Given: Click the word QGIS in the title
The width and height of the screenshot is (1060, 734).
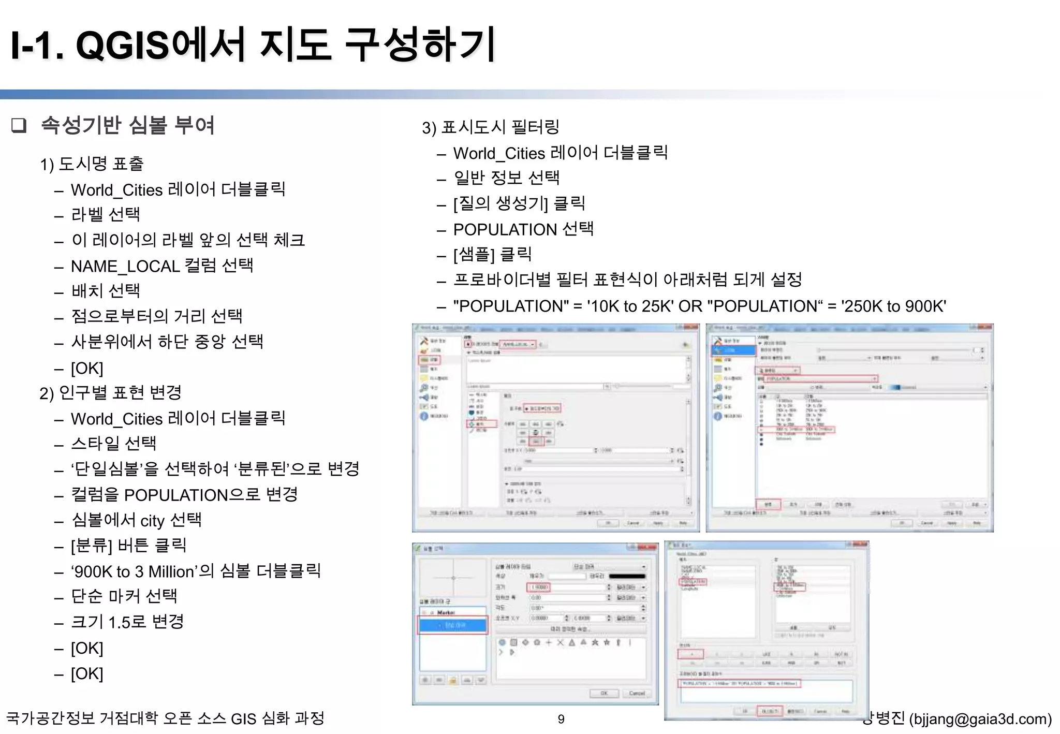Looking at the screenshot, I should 123,45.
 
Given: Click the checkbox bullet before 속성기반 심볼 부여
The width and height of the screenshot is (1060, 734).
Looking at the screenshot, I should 19,126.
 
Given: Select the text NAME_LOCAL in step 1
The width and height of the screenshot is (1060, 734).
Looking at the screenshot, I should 125,266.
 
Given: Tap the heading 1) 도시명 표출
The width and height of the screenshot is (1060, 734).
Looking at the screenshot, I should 92,164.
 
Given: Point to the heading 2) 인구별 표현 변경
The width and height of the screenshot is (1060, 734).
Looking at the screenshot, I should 110,393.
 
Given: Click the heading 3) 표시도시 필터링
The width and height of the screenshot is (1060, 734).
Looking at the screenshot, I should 490,127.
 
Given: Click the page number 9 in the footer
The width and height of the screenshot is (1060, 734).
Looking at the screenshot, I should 561,719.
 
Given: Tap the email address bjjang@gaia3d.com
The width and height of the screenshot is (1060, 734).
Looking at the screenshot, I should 980,719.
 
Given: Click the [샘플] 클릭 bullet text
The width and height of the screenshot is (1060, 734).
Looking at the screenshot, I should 492,255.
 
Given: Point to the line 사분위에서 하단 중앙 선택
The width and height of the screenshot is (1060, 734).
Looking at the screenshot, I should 167,342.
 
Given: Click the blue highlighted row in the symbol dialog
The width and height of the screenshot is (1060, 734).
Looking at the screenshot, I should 453,625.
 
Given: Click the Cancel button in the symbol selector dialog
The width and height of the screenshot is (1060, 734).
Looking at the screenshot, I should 637,693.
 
